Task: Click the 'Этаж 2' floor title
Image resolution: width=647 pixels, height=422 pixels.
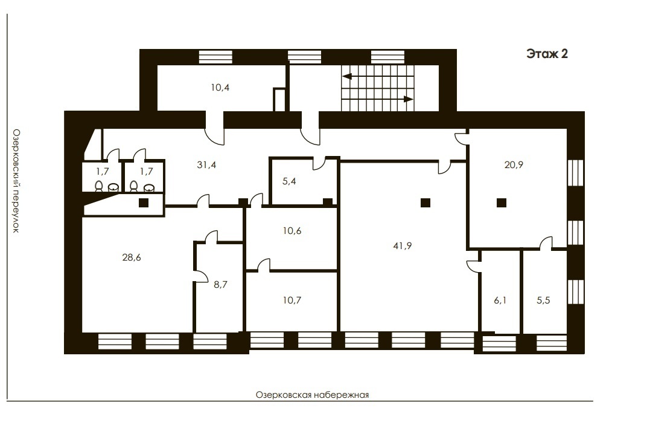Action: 547,54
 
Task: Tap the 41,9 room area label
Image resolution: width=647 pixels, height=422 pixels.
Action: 403,246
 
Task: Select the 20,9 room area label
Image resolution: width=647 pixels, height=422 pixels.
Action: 514,164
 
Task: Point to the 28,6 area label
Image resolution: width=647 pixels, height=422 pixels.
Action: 132,257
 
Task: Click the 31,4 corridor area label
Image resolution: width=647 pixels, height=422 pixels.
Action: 206,165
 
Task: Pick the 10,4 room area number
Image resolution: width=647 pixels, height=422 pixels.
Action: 220,87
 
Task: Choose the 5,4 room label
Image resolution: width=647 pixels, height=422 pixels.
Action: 289,181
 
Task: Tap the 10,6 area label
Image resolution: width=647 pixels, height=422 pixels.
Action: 292,230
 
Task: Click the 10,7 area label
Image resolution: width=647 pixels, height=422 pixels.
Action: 292,300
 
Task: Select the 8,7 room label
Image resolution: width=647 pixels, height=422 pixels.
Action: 220,284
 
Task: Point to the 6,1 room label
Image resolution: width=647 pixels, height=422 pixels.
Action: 500,300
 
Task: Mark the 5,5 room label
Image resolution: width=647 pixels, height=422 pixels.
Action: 543,300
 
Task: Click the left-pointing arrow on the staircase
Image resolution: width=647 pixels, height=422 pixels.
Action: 347,76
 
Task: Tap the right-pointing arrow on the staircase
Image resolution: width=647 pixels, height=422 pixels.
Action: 408,99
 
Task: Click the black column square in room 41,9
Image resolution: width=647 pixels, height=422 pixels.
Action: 425,203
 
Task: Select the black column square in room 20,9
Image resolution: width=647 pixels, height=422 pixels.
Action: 502,203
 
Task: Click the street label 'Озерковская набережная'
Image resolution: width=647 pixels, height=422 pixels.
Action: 313,395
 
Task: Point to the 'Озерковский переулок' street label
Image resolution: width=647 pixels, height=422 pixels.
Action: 15,181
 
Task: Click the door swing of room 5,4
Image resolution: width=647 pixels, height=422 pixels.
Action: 318,163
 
